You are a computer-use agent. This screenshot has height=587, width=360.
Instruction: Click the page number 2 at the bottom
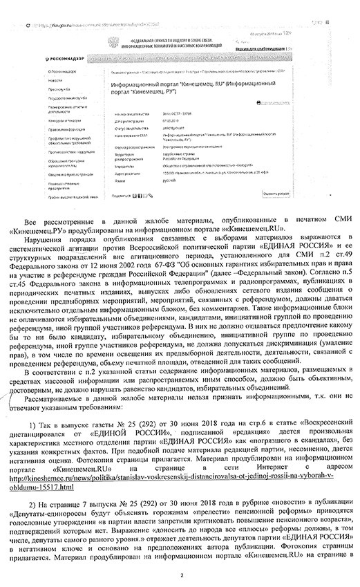click(x=180, y=573)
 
